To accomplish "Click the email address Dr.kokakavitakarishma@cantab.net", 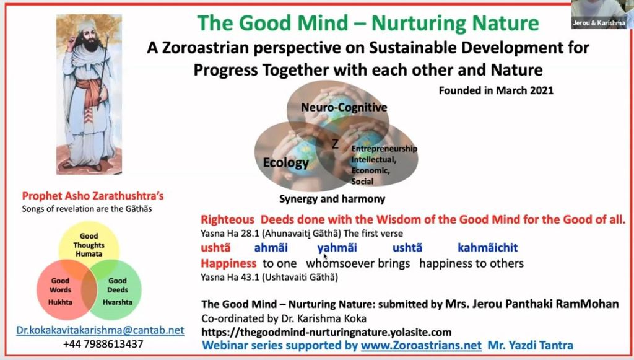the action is (x=100, y=330).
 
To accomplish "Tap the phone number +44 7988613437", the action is (x=103, y=345).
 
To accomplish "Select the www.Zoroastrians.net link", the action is (x=421, y=345).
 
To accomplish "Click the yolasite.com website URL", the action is (x=326, y=333).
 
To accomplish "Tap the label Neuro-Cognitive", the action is (x=344, y=108).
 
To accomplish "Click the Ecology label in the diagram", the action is (x=286, y=162).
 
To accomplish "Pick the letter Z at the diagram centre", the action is (x=335, y=144).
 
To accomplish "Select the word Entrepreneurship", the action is (x=384, y=149).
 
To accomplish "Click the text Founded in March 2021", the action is (x=496, y=90).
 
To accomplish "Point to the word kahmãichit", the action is (x=488, y=248).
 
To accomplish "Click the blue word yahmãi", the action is (x=337, y=248).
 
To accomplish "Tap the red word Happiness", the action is (x=228, y=264).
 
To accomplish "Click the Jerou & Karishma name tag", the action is (x=599, y=23).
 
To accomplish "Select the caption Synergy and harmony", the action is (x=332, y=199).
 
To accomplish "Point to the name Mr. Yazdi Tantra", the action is (x=531, y=345).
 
